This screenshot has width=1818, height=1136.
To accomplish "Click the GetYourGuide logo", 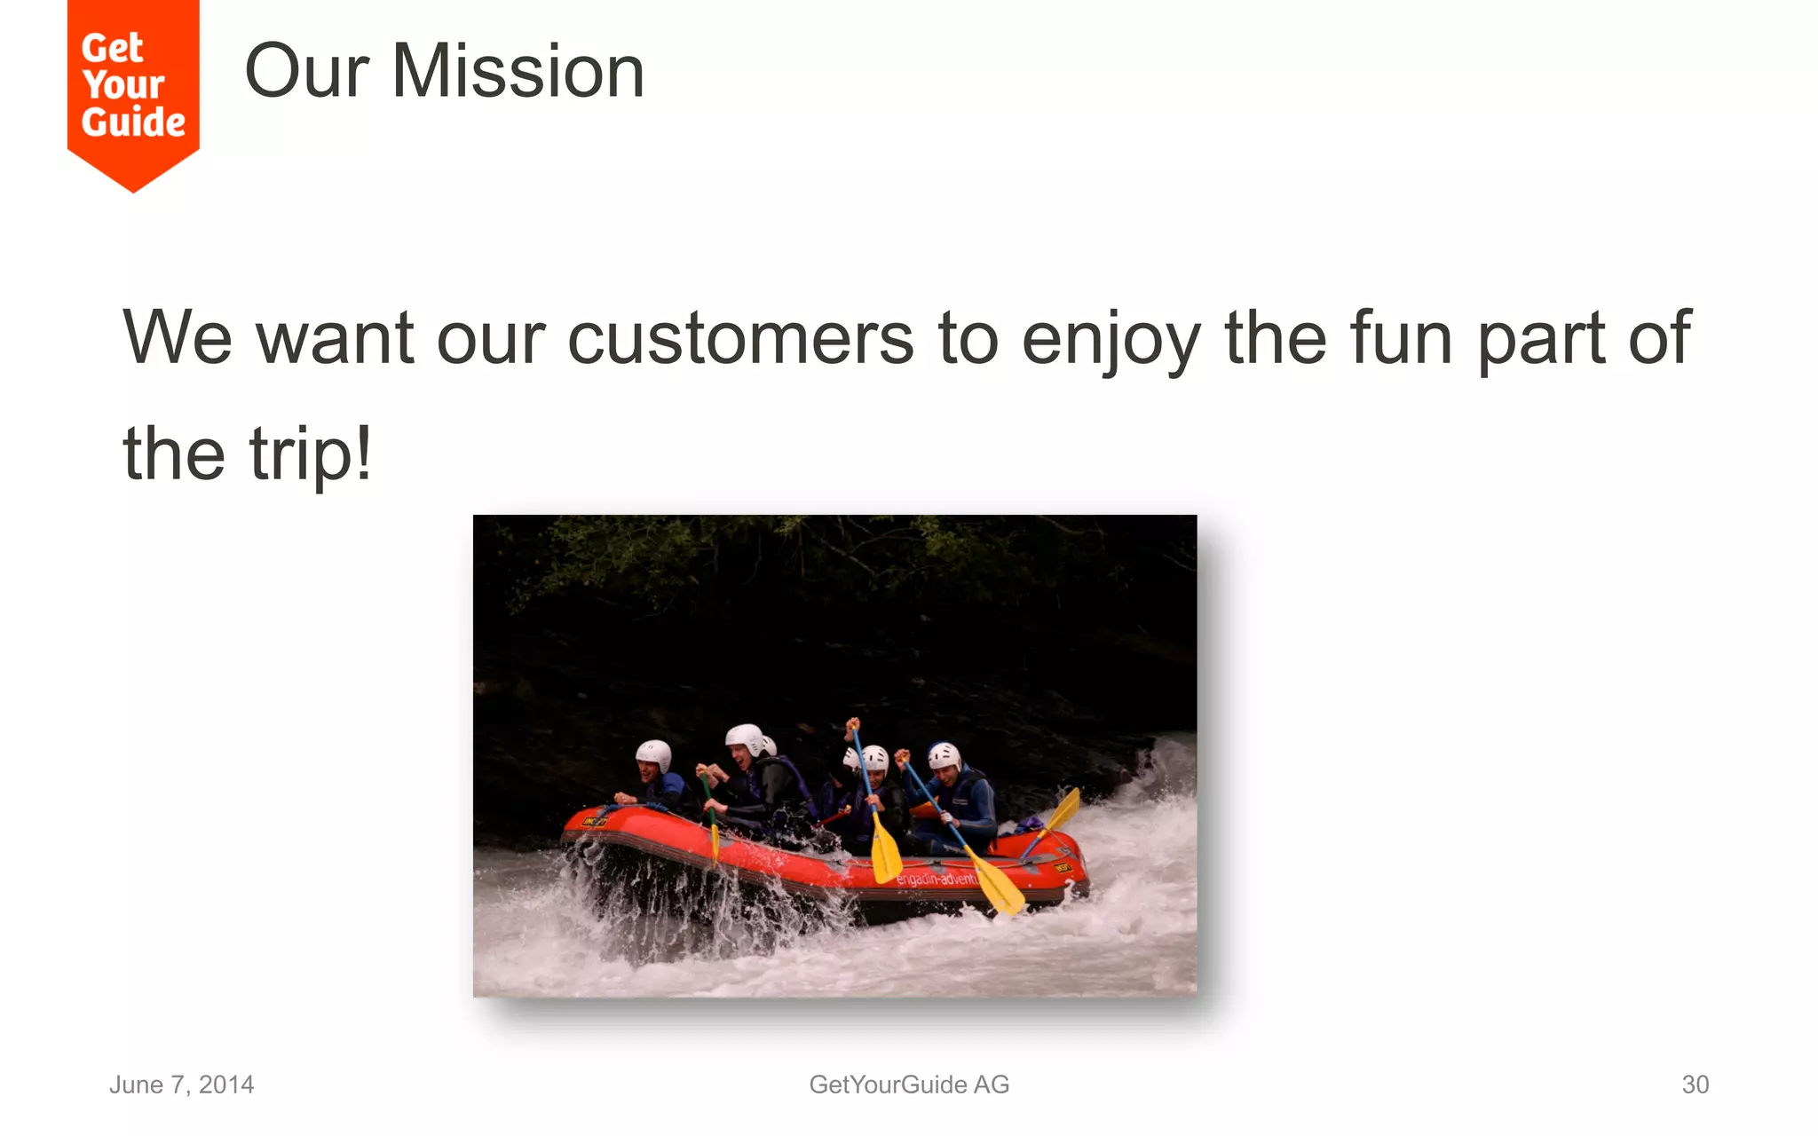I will click(133, 89).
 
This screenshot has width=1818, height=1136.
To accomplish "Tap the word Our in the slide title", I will click(306, 72).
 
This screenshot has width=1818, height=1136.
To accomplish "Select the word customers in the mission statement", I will click(740, 338).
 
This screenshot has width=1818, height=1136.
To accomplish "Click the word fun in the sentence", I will click(1401, 338).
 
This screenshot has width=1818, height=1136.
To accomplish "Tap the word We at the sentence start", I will click(178, 338).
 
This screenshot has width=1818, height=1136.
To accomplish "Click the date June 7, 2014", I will click(181, 1085).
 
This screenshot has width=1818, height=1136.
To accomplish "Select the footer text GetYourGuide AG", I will click(909, 1085).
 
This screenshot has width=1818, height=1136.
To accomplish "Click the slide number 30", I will click(1695, 1085).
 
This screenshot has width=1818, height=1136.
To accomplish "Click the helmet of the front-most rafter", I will click(654, 754).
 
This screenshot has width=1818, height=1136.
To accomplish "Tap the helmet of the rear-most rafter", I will click(944, 755).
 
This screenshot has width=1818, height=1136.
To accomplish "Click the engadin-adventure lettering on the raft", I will click(936, 879).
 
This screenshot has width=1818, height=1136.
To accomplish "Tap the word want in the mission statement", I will click(335, 338).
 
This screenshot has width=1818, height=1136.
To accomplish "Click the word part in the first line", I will click(1541, 338).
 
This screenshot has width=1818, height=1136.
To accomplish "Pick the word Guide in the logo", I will click(133, 122).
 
